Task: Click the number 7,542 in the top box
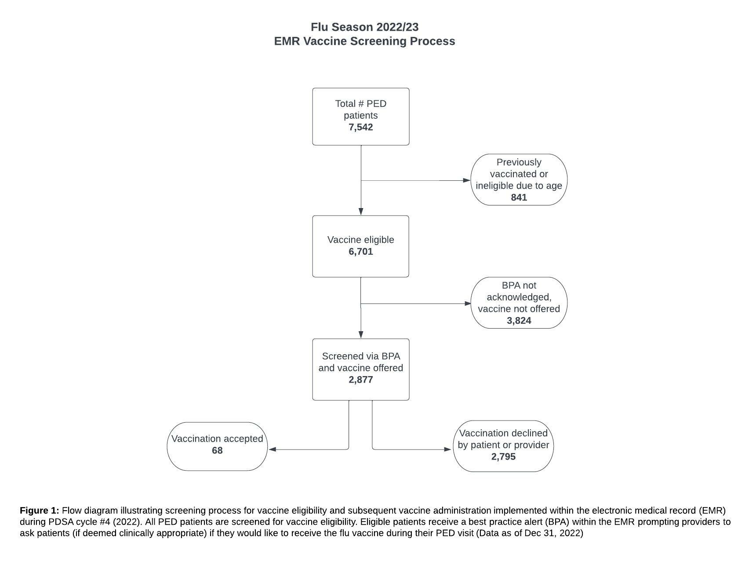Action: click(x=361, y=128)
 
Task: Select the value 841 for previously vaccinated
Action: click(x=519, y=197)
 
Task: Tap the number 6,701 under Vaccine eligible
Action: click(x=361, y=252)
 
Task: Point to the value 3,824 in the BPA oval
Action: click(x=519, y=321)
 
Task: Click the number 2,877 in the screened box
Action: click(x=361, y=380)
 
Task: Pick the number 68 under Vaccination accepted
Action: click(x=217, y=450)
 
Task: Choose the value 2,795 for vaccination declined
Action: click(x=503, y=457)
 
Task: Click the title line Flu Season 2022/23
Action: click(x=365, y=27)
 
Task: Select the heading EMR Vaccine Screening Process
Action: click(x=365, y=41)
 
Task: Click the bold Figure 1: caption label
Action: click(x=40, y=511)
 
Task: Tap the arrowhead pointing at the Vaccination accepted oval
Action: click(x=272, y=450)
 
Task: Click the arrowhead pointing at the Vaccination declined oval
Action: click(x=448, y=450)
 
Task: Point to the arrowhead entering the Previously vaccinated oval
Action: click(x=467, y=180)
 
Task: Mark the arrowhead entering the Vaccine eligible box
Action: click(x=361, y=212)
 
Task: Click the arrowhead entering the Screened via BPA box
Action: click(x=361, y=335)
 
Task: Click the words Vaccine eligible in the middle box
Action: click(x=361, y=240)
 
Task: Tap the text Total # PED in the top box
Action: click(x=361, y=104)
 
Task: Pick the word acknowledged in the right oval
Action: click(x=519, y=297)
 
